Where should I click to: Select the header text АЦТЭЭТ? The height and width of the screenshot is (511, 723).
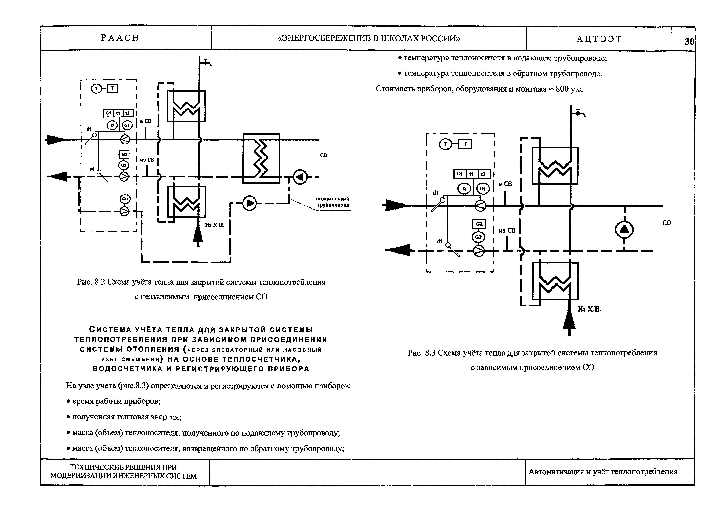pyautogui.click(x=599, y=39)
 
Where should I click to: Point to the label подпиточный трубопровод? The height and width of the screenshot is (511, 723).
pyautogui.click(x=333, y=202)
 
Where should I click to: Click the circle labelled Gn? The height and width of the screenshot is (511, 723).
pyautogui.click(x=125, y=199)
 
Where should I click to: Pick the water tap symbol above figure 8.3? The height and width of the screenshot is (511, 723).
pyautogui.click(x=579, y=113)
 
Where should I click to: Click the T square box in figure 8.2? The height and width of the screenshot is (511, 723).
pyautogui.click(x=113, y=89)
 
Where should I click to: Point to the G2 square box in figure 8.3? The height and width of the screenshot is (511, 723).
pyautogui.click(x=479, y=224)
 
